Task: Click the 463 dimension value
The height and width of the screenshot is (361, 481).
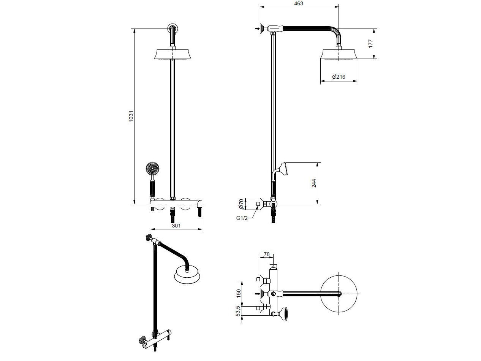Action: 299,3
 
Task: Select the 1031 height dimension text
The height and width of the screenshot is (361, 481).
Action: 131,116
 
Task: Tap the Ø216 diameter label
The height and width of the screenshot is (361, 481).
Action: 339,77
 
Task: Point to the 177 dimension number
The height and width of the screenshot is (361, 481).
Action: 370,43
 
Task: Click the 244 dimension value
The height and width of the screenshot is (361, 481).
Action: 314,183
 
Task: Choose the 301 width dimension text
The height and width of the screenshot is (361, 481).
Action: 176,226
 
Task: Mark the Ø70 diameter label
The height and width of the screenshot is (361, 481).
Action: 241,204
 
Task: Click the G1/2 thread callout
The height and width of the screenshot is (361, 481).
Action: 242,218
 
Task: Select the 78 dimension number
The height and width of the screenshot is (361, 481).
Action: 266,254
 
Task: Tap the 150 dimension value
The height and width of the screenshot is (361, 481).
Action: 239,293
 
